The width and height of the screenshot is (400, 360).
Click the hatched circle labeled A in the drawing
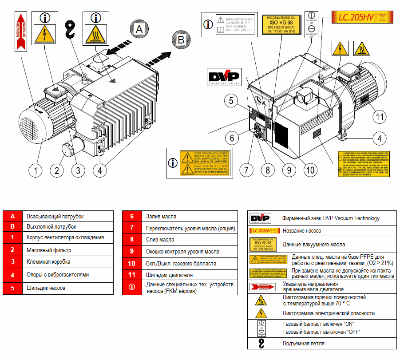139,29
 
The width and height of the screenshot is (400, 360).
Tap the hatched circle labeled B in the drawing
180,40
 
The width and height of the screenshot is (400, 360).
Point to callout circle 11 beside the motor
378,117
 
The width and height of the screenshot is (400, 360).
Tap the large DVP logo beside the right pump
223,77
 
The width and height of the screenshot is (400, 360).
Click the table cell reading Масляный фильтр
69,250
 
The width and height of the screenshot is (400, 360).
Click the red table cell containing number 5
13,288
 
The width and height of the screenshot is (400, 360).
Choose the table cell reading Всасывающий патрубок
69,216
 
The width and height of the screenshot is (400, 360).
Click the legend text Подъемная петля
304,344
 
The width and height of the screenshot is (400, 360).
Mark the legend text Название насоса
301,231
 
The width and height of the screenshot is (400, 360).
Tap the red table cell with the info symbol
132,287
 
